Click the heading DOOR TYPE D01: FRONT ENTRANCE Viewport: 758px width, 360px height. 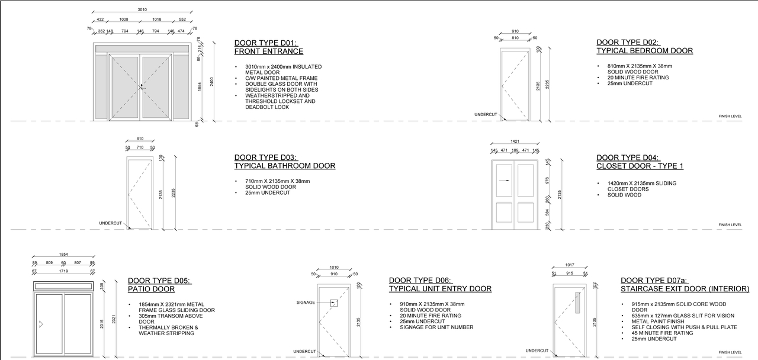point(269,47)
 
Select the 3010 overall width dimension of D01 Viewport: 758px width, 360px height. point(142,9)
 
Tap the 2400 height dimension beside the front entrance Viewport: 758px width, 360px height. point(211,81)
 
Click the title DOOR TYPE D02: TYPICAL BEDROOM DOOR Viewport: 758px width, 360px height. point(644,47)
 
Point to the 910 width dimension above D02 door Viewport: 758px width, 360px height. point(515,31)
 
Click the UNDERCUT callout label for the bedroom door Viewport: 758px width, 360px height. point(486,114)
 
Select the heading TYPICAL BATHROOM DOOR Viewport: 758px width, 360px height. point(285,166)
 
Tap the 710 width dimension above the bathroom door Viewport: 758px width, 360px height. point(140,147)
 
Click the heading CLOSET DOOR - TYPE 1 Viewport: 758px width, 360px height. point(640,166)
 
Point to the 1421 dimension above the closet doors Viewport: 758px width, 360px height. point(515,142)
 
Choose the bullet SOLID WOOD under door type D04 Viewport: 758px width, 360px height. point(624,195)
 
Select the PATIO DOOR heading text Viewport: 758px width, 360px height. point(151,290)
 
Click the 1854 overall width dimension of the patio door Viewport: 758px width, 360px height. point(63,254)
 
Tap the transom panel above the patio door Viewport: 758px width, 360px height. point(64,285)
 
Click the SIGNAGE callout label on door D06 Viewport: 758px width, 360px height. point(306,303)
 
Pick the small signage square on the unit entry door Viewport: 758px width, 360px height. point(334,303)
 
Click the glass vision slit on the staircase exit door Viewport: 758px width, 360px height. point(578,302)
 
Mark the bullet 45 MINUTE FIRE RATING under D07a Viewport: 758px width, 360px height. point(662,333)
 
